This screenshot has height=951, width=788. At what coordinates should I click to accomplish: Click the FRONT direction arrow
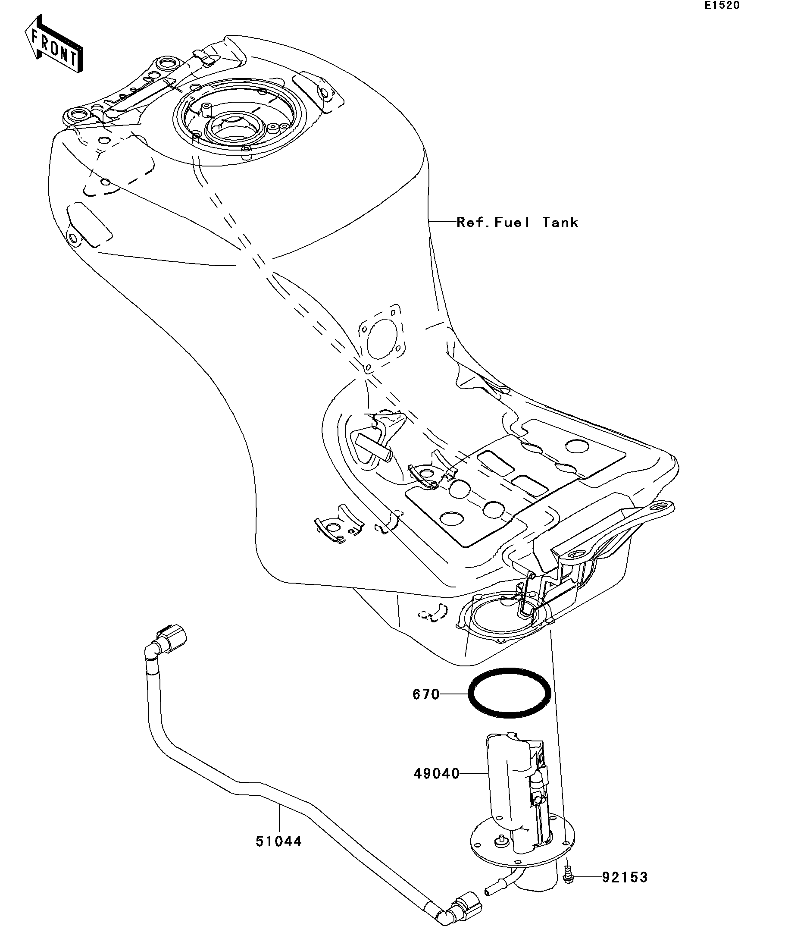point(54,44)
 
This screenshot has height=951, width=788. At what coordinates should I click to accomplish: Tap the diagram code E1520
point(722,6)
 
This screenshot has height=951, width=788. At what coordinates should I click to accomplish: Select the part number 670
point(425,707)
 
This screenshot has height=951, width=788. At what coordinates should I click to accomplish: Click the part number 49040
point(436,774)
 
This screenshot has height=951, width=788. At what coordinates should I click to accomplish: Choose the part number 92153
point(625,890)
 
